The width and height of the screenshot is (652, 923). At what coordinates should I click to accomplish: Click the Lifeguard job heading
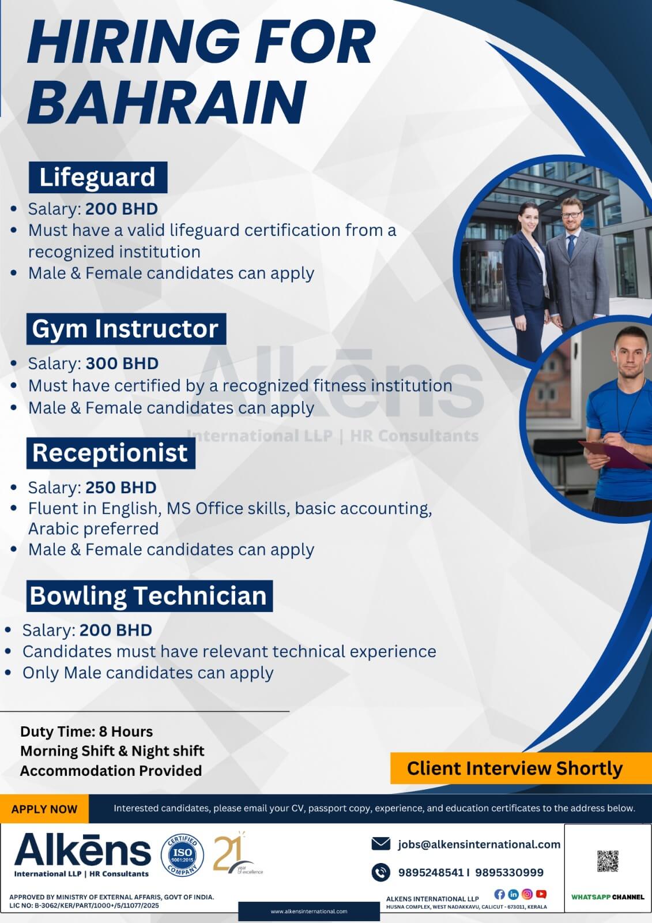[97, 177]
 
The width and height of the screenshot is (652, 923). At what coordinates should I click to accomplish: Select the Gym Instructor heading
[126, 329]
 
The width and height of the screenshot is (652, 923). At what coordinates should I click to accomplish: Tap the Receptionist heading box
[110, 453]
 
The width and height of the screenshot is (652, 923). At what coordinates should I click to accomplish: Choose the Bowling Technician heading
[149, 596]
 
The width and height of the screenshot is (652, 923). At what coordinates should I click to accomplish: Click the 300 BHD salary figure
[122, 363]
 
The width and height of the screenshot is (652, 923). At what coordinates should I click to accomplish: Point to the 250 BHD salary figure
[120, 487]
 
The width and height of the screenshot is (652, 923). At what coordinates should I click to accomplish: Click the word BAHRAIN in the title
[167, 101]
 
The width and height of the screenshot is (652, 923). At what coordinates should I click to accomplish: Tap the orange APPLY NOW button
[44, 809]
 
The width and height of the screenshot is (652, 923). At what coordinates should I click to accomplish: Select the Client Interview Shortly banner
[514, 768]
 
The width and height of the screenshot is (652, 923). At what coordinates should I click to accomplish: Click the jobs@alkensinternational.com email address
[478, 845]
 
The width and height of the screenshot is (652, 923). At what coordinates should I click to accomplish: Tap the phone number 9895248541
[431, 872]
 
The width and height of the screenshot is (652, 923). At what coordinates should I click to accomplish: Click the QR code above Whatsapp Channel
[608, 861]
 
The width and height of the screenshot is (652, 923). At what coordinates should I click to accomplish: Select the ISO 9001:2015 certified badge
[182, 854]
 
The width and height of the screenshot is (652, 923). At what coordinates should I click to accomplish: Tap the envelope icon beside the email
[381, 844]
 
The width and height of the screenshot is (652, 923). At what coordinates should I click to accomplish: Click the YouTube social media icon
[541, 894]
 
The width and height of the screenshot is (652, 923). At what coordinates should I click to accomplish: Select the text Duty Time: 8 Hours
[86, 731]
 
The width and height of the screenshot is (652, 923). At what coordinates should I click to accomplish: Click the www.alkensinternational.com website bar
[309, 911]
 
